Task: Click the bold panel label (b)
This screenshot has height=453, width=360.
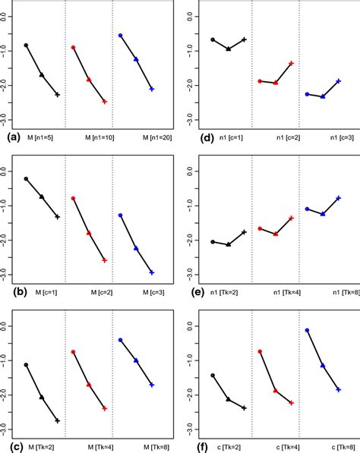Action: pyautogui.click(x=12, y=291)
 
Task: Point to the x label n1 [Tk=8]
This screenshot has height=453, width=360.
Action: pyautogui.click(x=322, y=291)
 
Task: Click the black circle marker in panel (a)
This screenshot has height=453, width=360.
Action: pyautogui.click(x=26, y=46)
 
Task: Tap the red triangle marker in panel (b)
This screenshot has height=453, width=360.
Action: pyautogui.click(x=89, y=233)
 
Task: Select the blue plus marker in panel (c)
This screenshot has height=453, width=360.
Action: pyautogui.click(x=152, y=385)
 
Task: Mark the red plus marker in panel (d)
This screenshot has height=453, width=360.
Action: pyautogui.click(x=291, y=63)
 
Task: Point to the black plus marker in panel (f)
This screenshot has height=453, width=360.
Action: pyautogui.click(x=244, y=407)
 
